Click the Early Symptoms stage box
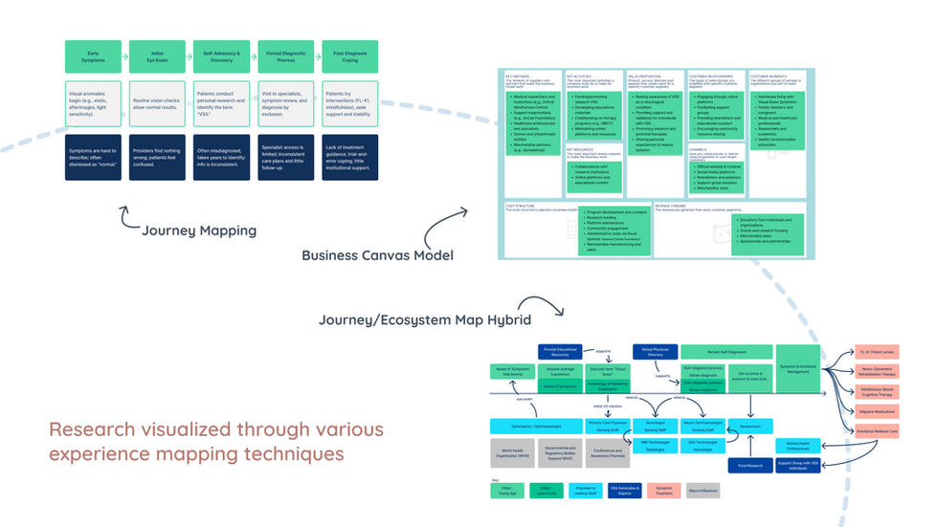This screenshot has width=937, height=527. pyautogui.click(x=94, y=56)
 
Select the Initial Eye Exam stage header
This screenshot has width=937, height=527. pyautogui.click(x=158, y=56)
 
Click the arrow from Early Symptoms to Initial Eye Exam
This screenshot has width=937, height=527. pyautogui.click(x=125, y=56)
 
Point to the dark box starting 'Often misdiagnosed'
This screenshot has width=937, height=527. pyautogui.click(x=221, y=157)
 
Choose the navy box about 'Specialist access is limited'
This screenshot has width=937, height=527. pyautogui.click(x=285, y=157)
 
